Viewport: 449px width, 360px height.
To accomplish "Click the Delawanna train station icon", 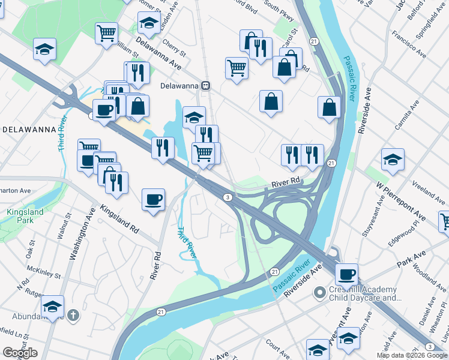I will [x=206, y=85].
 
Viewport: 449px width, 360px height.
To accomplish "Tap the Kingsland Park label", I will [x=25, y=216].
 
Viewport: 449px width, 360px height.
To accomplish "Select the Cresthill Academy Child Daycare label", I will [x=364, y=293].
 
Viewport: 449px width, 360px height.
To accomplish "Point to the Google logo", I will [x=20, y=353].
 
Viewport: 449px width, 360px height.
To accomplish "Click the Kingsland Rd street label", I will [x=119, y=220].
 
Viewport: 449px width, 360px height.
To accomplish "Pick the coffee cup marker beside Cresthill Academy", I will [x=346, y=275].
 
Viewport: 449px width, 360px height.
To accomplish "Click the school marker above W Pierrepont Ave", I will [x=393, y=160].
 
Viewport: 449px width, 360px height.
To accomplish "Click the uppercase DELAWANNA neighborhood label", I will [x=29, y=129].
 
